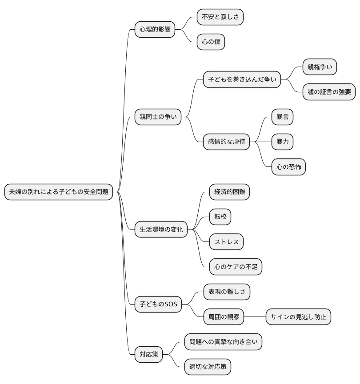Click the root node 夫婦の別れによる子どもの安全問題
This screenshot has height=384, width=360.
click(x=59, y=192)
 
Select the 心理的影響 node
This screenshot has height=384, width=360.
click(x=155, y=30)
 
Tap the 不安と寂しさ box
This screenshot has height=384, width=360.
click(x=220, y=17)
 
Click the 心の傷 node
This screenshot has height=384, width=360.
click(x=211, y=42)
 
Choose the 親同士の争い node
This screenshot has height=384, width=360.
click(x=158, y=117)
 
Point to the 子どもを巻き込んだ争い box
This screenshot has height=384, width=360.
click(x=242, y=80)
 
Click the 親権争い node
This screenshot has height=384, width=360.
click(x=320, y=67)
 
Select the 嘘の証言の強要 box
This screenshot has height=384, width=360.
click(x=329, y=92)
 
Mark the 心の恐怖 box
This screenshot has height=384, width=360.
click(x=288, y=167)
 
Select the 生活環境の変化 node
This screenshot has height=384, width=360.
click(x=161, y=230)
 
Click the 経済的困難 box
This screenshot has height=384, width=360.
click(x=229, y=192)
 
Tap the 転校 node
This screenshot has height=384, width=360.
click(x=220, y=217)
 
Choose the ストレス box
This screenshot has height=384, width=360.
click(x=227, y=242)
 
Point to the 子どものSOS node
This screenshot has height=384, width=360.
click(x=158, y=304)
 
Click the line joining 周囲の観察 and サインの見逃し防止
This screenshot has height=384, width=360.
click(x=255, y=317)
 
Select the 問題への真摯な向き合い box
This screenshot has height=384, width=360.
click(x=223, y=342)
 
